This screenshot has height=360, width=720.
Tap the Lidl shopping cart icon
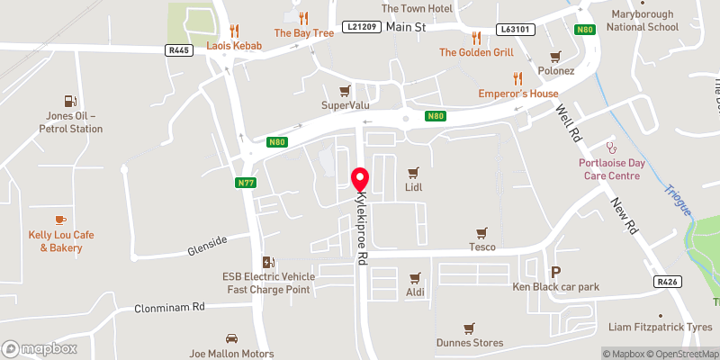coord(414,171)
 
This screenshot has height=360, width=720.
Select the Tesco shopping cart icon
coord(481,231)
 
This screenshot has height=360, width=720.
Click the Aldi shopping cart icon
coord(414,278)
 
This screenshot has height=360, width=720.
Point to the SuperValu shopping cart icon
coord(344,91)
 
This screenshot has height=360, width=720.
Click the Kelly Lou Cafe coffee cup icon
coord(60,220)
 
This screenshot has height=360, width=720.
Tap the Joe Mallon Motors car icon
coord(231,339)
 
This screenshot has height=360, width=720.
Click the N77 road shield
coord(245,184)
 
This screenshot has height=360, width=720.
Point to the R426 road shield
coord(666,283)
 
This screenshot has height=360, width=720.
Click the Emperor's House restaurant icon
coord(517,78)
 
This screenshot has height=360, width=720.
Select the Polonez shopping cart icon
coord(555,55)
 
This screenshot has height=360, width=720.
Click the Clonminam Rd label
coord(170,307)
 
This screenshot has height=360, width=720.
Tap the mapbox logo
coord(39,348)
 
